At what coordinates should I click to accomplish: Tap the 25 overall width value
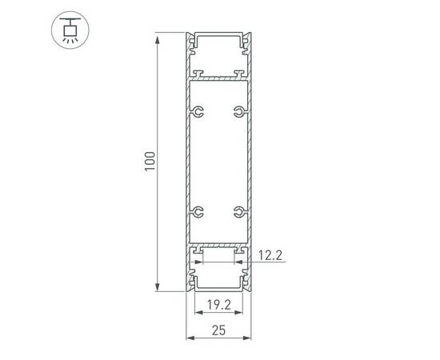[x=218, y=328]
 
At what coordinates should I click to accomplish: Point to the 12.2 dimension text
[x=271, y=257]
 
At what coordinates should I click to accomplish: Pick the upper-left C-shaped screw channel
[x=198, y=112]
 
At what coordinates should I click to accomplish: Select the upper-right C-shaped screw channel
[x=238, y=112]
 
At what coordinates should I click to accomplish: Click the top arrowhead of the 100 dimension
[x=158, y=36]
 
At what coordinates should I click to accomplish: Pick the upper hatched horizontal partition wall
[x=218, y=79]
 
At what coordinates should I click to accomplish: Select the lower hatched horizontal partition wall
[x=218, y=243]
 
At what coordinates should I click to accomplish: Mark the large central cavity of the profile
[x=218, y=160]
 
